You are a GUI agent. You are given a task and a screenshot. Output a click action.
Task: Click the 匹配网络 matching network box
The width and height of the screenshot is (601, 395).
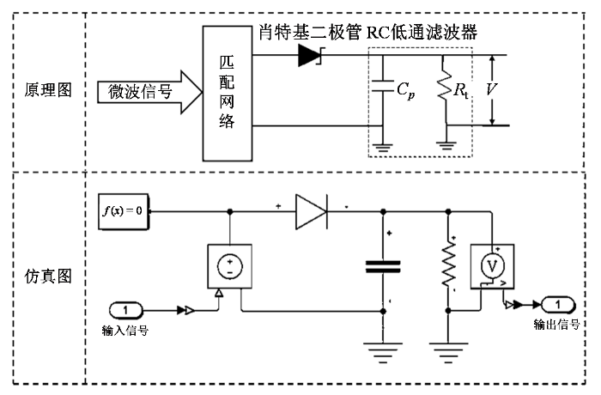tap(228, 94)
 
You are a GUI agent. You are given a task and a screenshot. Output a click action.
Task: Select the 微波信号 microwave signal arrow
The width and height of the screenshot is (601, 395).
tap(150, 92)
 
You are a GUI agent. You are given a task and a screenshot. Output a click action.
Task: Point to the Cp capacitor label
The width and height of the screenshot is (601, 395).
tap(405, 91)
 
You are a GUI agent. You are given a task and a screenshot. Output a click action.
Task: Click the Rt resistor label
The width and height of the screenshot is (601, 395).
tap(461, 91)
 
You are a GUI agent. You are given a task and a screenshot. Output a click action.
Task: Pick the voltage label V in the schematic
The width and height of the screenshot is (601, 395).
tap(491, 89)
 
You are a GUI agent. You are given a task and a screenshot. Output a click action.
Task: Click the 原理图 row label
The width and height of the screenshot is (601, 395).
tap(48, 90)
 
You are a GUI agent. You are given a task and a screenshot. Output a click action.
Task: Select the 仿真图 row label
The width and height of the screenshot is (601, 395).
tap(48, 276)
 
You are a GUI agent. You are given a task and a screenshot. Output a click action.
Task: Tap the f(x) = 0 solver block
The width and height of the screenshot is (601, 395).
tap(124, 212)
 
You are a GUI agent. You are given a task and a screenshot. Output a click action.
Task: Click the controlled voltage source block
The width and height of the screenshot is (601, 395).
tap(229, 266)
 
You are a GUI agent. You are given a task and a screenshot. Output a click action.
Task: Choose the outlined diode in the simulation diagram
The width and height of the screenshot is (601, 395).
tap(311, 212)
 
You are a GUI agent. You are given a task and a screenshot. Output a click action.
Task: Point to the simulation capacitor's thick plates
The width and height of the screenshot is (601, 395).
tap(383, 267)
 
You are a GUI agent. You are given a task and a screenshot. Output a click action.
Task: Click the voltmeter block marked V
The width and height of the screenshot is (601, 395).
tap(492, 266)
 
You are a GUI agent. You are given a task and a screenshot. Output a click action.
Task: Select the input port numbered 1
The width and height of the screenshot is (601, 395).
tap(125, 310)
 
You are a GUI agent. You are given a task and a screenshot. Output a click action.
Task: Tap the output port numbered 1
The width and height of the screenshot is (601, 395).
tap(558, 305)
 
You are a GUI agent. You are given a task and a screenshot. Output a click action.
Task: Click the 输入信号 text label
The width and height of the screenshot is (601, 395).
tap(125, 331)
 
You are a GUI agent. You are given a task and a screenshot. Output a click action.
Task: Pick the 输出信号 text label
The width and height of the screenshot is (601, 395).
tap(556, 325)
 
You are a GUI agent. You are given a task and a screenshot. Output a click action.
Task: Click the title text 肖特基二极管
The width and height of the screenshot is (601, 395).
tap(310, 33)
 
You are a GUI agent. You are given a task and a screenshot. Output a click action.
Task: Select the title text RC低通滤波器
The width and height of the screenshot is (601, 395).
tap(422, 33)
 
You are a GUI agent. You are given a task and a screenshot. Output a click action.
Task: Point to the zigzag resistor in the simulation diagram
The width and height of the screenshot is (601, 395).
tap(448, 264)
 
